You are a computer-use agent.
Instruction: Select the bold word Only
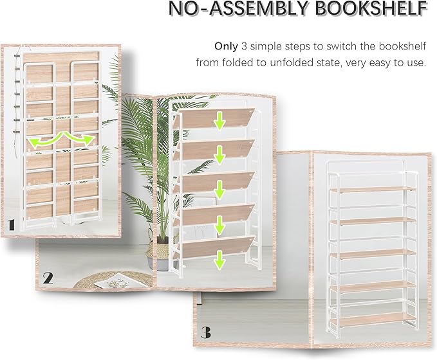tap(226, 47)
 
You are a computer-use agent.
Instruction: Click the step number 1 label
tap(12, 224)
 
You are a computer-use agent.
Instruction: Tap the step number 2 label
tap(47, 278)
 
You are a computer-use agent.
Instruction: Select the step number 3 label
tap(205, 333)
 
